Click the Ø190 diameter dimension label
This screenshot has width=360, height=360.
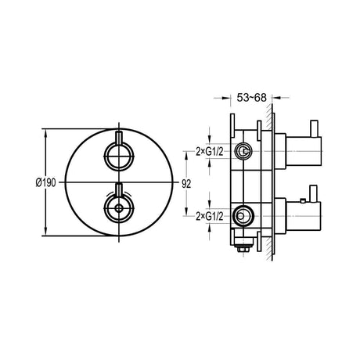[44, 182]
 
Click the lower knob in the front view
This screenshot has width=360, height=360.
[117, 209]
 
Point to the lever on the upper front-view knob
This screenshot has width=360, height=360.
[117, 139]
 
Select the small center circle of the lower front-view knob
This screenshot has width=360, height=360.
[117, 210]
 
